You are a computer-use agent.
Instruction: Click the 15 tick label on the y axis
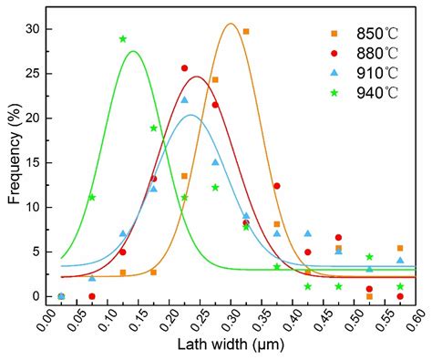click(x=34, y=162)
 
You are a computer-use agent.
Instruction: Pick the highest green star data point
click(x=123, y=39)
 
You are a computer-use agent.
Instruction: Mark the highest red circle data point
click(x=185, y=68)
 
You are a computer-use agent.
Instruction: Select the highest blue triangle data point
click(x=185, y=100)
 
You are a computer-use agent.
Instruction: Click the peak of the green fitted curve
click(x=134, y=51)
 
